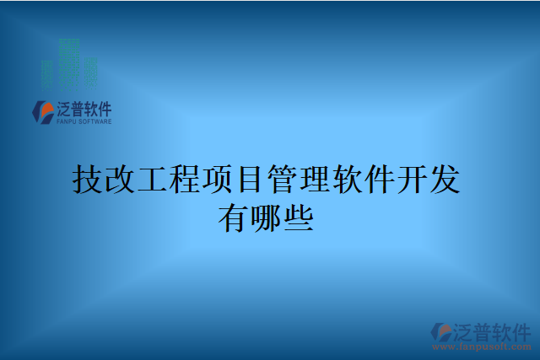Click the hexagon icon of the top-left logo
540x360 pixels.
tap(42, 111)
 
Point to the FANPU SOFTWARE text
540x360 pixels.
tap(83, 121)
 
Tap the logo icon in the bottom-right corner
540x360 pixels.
tap(441, 330)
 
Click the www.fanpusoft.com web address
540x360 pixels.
tap(483, 345)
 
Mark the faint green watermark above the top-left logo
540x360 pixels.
tap(69, 63)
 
